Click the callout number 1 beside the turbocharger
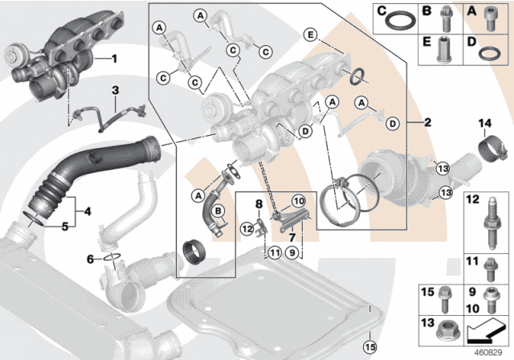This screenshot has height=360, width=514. click(113, 59)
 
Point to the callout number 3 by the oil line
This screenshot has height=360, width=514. click(115, 90)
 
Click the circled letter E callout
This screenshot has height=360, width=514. click(310, 34)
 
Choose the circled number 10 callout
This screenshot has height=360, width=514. click(297, 200)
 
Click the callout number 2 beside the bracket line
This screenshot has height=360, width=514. click(428, 123)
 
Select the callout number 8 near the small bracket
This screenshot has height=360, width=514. click(258, 205)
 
